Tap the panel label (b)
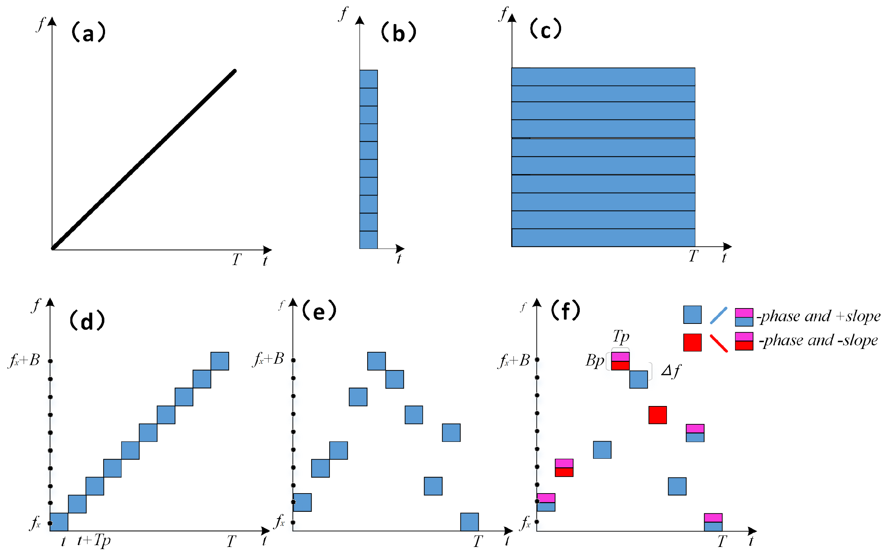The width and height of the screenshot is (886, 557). pos(398,33)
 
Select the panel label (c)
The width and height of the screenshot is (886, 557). pos(545,29)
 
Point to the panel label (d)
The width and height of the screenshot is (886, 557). pos(87,321)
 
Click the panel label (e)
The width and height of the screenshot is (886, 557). pos(319,311)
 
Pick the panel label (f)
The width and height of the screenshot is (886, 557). pos(565,311)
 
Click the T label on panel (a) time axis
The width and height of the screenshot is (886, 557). pos(237,260)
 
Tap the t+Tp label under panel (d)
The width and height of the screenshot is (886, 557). pos(94,541)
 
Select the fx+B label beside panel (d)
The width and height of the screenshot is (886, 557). pos(24,360)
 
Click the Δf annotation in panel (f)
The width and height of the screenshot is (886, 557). pos(671,371)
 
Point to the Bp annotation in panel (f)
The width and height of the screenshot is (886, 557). pos(594,360)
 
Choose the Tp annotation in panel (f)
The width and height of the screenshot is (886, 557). pos(621,336)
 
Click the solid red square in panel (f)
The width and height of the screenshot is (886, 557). pos(658,415)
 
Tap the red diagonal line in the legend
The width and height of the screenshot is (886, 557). pos(719,343)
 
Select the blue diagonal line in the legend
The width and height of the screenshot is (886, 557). pos(719,316)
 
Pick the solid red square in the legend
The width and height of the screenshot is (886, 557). pos(692,343)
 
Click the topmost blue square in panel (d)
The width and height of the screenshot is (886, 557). pos(220,361)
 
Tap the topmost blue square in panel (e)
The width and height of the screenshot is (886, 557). pos(376,361)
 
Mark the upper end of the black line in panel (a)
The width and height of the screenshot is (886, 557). pos(234,71)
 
